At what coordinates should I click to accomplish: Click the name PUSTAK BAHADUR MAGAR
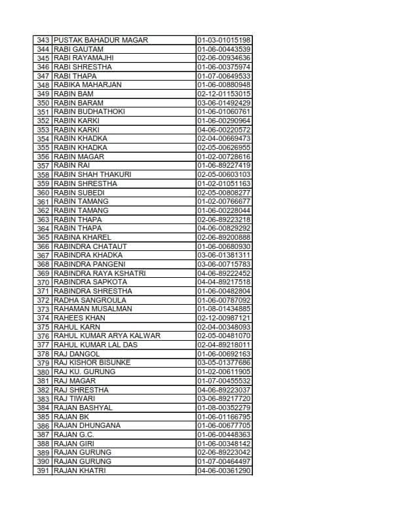pyautogui.click(x=101, y=40)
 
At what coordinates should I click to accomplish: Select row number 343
pyautogui.click(x=43, y=40)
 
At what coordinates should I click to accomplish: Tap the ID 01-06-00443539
pyautogui.click(x=223, y=49)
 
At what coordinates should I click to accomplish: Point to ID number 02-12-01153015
pyautogui.click(x=223, y=94)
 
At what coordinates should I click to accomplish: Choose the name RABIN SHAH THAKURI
pyautogui.click(x=92, y=174)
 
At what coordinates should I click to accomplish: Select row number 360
pyautogui.click(x=43, y=193)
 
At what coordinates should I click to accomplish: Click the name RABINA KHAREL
pyautogui.click(x=83, y=237)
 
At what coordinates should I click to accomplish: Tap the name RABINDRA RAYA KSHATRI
pyautogui.click(x=100, y=273)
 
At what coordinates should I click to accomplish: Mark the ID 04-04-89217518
pyautogui.click(x=223, y=282)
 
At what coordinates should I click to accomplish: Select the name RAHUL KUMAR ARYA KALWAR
pyautogui.click(x=107, y=336)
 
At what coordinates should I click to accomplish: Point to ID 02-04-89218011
pyautogui.click(x=223, y=345)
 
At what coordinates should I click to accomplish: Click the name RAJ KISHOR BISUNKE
pyautogui.click(x=92, y=363)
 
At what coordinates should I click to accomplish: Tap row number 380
pyautogui.click(x=43, y=372)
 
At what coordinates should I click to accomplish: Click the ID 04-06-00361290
pyautogui.click(x=223, y=471)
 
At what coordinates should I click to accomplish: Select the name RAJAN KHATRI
pyautogui.click(x=79, y=471)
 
